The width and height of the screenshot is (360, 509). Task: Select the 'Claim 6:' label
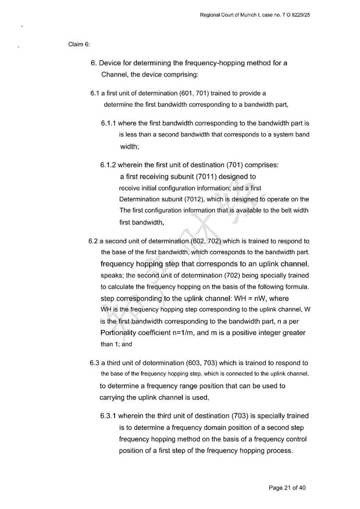pos(79,45)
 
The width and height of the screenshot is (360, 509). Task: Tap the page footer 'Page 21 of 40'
pos(287,488)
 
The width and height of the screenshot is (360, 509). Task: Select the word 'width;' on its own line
pos(129,147)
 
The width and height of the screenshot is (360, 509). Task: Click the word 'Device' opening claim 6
pos(111,63)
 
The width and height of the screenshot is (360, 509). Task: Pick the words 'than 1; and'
pos(116,344)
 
